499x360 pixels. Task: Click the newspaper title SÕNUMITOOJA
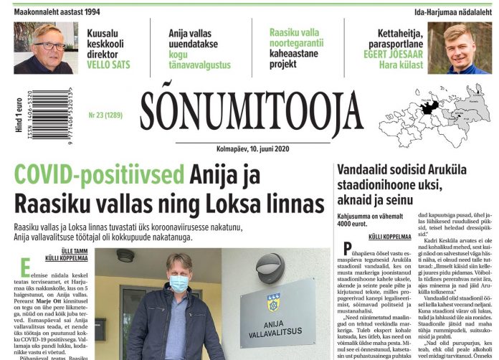point(242,115)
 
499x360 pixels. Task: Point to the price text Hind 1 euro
point(16,115)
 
